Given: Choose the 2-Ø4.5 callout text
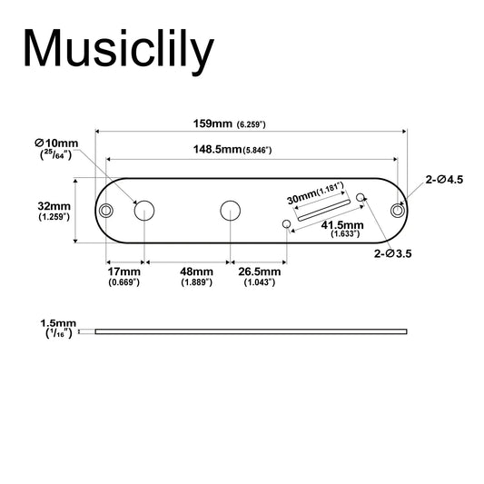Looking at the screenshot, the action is pos(444,180).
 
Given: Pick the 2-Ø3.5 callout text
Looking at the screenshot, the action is pos(392,253).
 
